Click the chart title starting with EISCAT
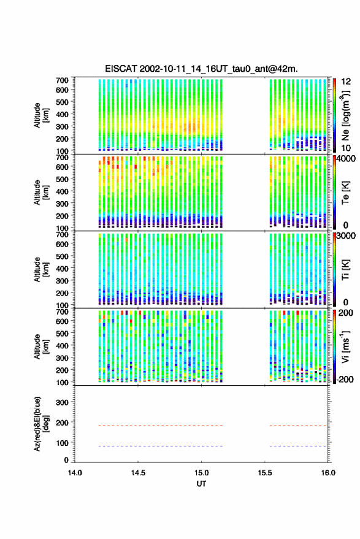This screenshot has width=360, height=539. (201, 69)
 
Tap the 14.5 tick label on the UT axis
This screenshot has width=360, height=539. (138, 473)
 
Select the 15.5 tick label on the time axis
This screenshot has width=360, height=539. (264, 473)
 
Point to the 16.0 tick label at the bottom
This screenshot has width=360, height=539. (328, 473)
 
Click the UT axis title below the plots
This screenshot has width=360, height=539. (201, 484)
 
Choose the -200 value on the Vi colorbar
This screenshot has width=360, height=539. (345, 380)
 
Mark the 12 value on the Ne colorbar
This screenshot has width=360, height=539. (346, 82)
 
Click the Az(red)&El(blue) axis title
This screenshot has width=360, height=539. (41, 424)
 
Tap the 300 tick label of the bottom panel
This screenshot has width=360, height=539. (62, 402)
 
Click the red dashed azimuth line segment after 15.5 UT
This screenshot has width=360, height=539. (298, 426)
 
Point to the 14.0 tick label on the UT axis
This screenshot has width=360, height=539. (75, 473)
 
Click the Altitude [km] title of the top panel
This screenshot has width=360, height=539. (41, 115)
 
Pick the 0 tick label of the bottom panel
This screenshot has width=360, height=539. (66, 460)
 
